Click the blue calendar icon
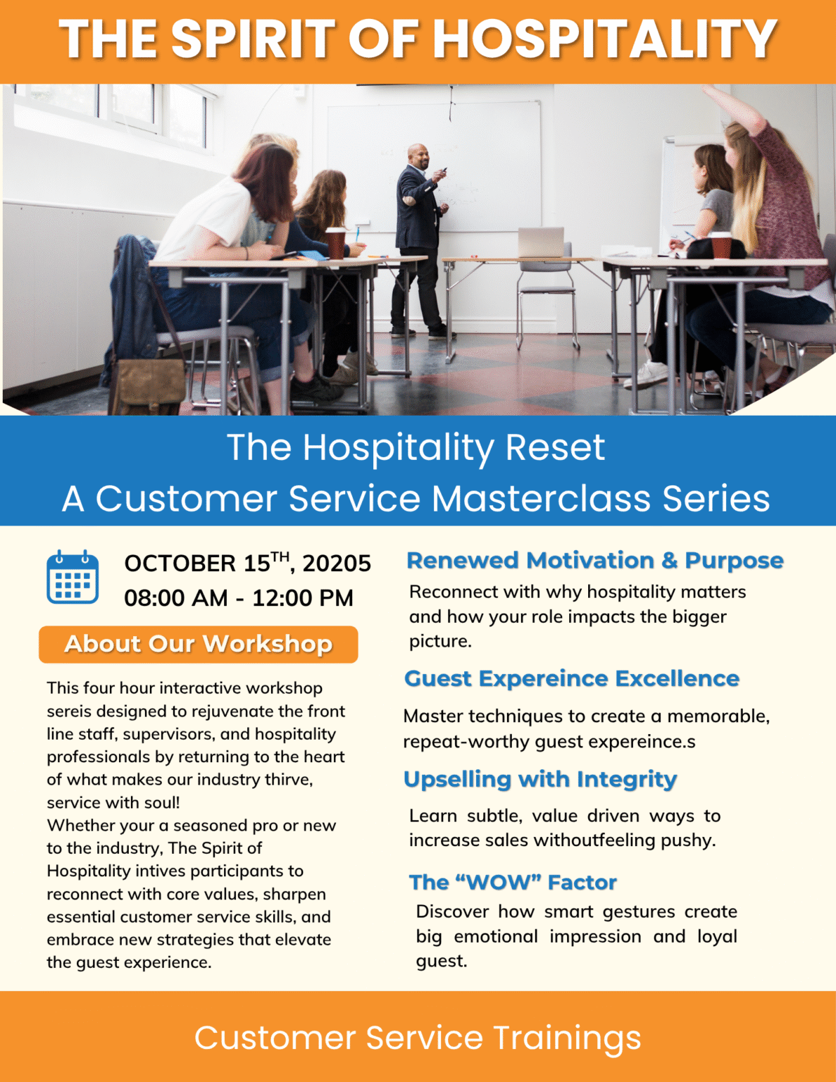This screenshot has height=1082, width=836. (x=73, y=577)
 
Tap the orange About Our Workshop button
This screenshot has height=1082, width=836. (x=198, y=644)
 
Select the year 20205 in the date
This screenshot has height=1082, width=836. (x=337, y=564)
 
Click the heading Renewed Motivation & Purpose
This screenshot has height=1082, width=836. (x=595, y=560)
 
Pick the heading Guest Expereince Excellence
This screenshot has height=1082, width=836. (x=571, y=678)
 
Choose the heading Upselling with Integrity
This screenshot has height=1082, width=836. (x=539, y=779)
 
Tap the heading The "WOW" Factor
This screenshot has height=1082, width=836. (x=513, y=882)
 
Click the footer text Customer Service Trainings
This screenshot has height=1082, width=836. (x=418, y=1038)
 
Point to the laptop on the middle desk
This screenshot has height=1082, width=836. (x=541, y=242)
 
